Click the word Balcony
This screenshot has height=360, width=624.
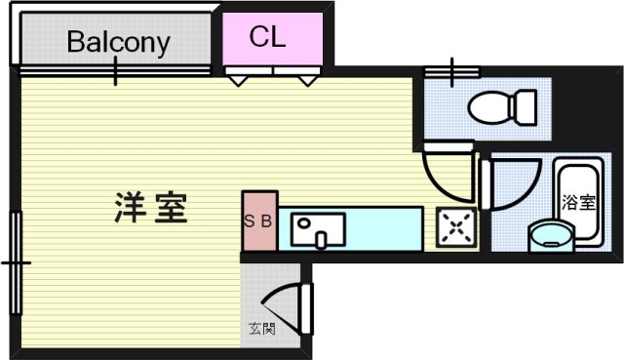tap(118, 42)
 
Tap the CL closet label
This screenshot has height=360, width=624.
tap(267, 37)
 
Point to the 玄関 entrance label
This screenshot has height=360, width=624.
tap(261, 329)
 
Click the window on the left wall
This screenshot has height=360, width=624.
tap(17, 262)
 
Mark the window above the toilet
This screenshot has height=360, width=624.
tap(451, 71)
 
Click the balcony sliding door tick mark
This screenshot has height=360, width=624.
tap(116, 70)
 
